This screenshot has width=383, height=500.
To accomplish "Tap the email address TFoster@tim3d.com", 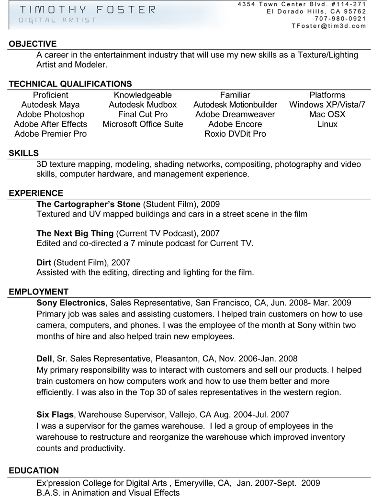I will click(x=329, y=26).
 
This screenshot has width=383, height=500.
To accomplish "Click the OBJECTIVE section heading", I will click(x=33, y=44).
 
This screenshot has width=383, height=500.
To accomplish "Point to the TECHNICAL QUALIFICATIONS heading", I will click(x=70, y=84).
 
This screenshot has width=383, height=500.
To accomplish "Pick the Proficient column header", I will click(x=51, y=95).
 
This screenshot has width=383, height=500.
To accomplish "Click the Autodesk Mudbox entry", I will click(x=143, y=105).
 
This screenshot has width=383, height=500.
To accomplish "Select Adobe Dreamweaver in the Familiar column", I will click(x=235, y=114).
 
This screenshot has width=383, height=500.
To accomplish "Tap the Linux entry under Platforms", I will click(x=327, y=124).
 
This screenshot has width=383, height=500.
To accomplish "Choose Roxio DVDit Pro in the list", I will click(x=235, y=134).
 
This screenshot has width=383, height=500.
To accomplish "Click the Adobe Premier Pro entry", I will click(x=51, y=134).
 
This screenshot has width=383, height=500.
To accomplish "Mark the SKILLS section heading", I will click(x=24, y=153).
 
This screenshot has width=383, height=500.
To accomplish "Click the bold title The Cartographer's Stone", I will click(x=89, y=204).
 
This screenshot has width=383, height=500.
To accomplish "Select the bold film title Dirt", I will click(x=44, y=262).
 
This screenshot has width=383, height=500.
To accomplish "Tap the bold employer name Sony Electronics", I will click(x=71, y=303).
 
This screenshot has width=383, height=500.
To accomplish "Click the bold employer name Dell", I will click(x=45, y=359).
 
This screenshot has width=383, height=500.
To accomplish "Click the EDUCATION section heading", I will click(x=34, y=470).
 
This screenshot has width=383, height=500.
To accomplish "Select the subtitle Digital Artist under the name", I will click(x=57, y=20).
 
